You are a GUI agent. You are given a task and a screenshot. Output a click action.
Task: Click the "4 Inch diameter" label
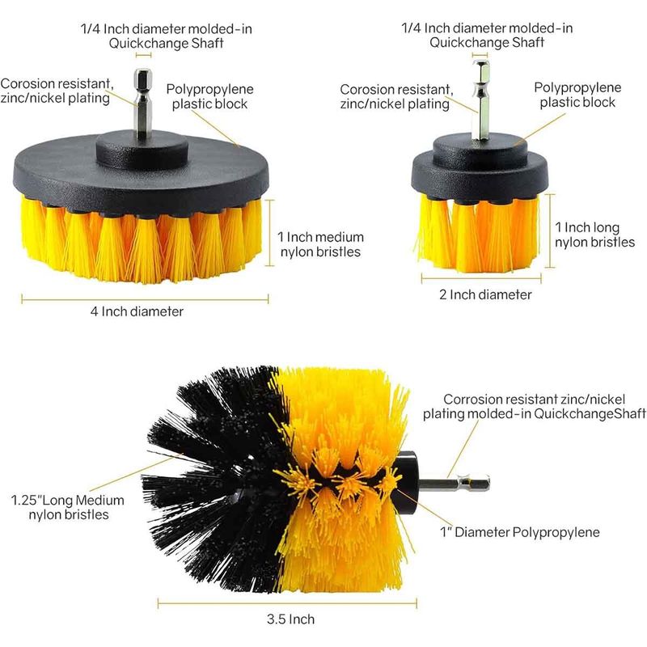(x=137, y=311)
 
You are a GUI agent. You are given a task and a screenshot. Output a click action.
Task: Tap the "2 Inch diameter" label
(x=485, y=294)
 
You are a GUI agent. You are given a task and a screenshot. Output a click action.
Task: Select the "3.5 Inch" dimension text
(x=290, y=619)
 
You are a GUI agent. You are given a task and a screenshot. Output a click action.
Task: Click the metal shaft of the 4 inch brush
(x=143, y=105)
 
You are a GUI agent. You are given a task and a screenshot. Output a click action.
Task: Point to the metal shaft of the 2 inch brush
(x=481, y=99)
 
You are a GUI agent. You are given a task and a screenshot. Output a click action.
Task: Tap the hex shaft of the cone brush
(x=454, y=483)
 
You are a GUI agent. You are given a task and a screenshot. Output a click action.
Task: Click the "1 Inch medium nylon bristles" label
(x=320, y=244)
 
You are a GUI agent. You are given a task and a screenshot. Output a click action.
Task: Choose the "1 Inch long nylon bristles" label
(x=594, y=235)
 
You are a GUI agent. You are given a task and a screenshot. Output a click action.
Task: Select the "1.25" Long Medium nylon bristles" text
(x=68, y=507)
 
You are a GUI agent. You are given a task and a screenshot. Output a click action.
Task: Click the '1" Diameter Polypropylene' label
(x=520, y=532)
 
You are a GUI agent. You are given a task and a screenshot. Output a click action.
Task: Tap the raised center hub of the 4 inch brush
(x=140, y=150)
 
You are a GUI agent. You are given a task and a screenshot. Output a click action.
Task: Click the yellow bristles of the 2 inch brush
(x=479, y=233)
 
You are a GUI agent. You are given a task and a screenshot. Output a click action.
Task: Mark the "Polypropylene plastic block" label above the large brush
(x=209, y=96)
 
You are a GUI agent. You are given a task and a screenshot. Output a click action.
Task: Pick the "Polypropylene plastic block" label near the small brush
(x=577, y=95)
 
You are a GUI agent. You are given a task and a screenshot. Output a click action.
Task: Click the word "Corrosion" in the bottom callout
(x=473, y=399)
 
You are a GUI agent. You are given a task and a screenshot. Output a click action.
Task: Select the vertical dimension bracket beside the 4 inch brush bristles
(x=270, y=232)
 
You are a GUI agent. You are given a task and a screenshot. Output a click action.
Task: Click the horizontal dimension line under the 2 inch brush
(x=481, y=278)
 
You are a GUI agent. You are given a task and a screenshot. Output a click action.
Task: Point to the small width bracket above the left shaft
(x=144, y=55)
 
